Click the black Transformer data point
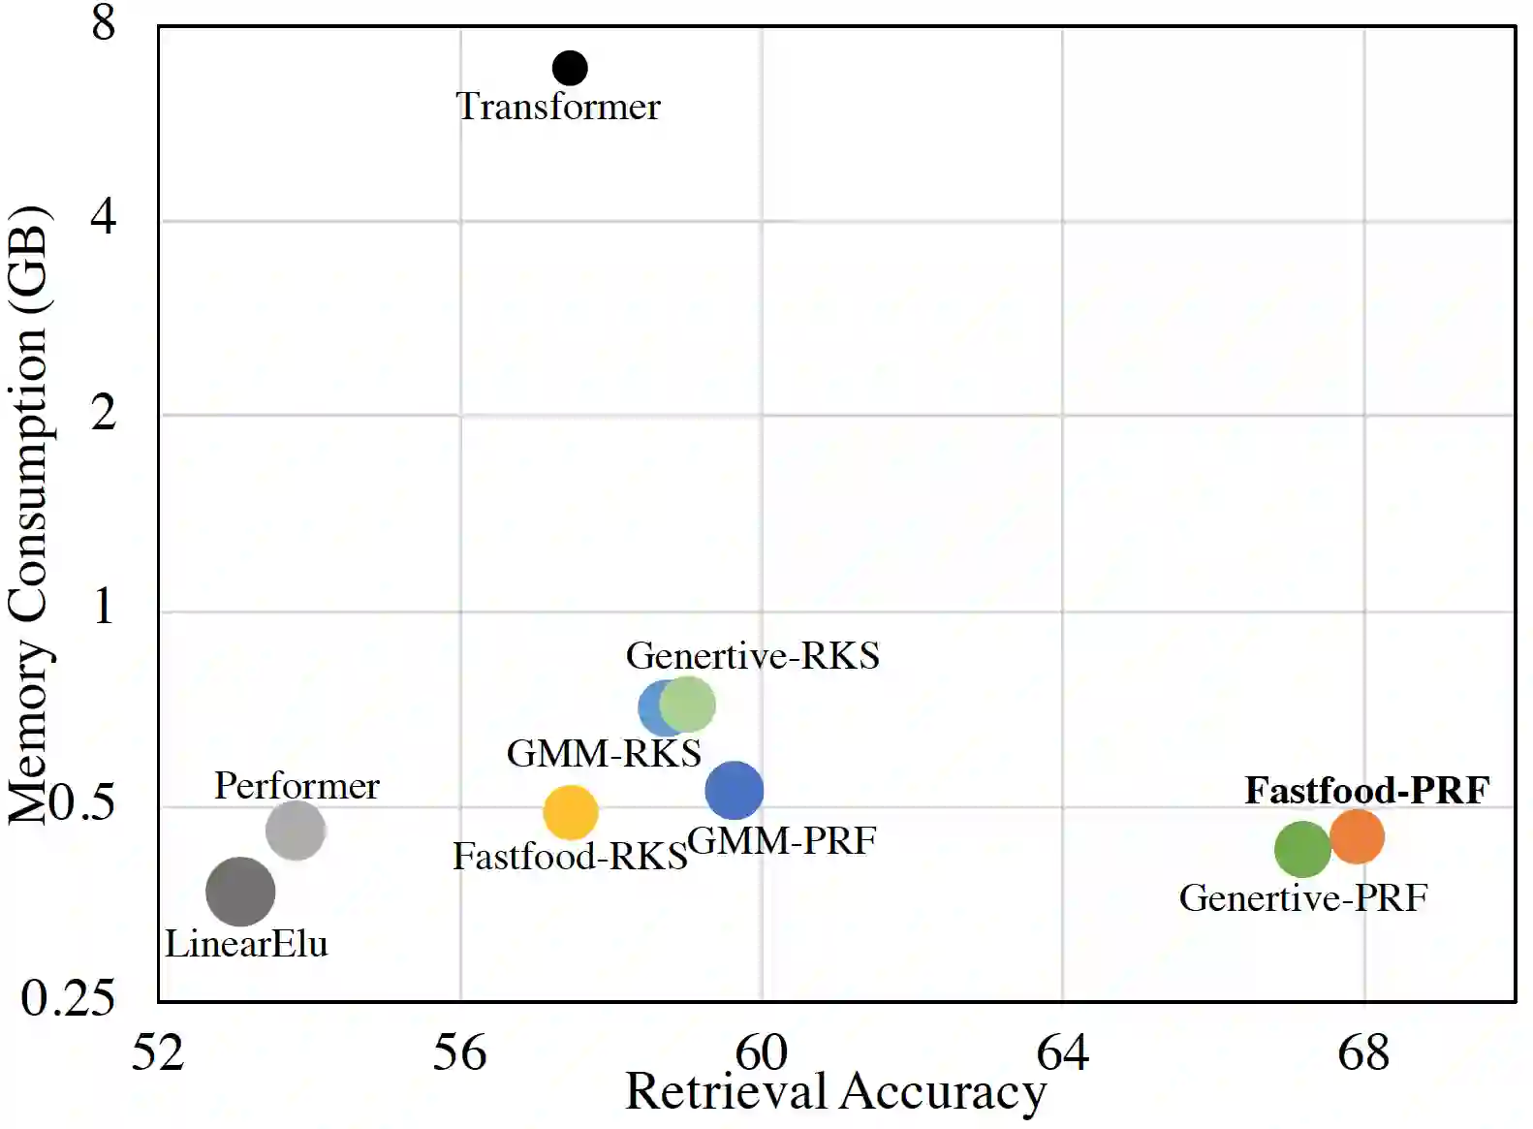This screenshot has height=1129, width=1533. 570,68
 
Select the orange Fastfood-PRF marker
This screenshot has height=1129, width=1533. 1357,835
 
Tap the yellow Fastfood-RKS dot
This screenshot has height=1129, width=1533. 571,812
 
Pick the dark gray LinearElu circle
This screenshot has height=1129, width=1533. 240,892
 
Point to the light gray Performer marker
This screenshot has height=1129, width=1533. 296,830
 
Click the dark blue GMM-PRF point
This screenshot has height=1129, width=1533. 735,791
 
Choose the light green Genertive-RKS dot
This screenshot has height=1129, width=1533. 689,705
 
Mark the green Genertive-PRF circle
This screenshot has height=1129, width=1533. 1302,849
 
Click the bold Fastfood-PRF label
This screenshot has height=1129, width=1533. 1366,790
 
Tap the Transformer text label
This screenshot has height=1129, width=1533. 558,107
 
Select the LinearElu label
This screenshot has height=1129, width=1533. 246,944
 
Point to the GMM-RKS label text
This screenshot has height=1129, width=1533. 604,753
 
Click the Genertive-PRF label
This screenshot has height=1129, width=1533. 1303,897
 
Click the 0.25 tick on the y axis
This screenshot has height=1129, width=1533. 68,997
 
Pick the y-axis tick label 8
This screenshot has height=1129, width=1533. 104,23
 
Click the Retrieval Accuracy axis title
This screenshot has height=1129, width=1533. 835,1092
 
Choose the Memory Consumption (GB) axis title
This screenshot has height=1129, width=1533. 29,514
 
